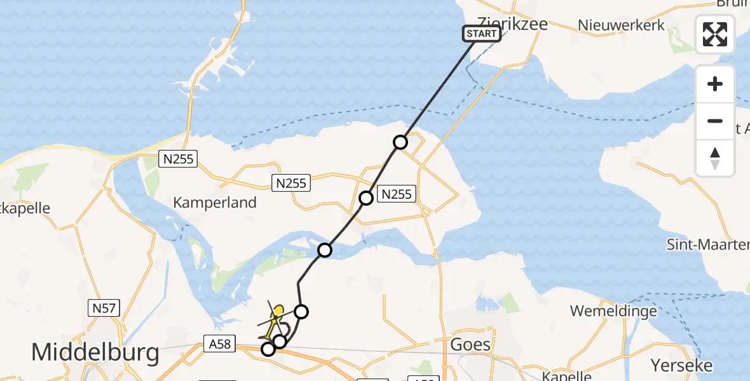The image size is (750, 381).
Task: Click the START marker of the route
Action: pos(482,34)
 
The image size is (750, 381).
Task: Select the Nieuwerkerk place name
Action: pos(621,25)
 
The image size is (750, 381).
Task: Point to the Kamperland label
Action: pos(215,203)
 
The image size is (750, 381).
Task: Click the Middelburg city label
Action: pos(95,352)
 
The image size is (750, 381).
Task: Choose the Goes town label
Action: pos(470,345)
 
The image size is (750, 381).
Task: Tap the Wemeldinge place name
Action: pos(613,311)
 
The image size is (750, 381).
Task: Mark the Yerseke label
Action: pos(681,365)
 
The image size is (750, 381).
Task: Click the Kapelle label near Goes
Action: pos(569,375)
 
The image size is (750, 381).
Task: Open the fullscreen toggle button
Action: pos(715,34)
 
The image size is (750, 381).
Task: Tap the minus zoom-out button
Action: pos(715,121)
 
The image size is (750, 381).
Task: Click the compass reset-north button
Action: pos(715,157)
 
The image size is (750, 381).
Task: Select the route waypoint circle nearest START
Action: pos(400,142)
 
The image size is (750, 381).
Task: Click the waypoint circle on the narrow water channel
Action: pos(325,250)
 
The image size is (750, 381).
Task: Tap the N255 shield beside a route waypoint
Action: pos(396,194)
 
